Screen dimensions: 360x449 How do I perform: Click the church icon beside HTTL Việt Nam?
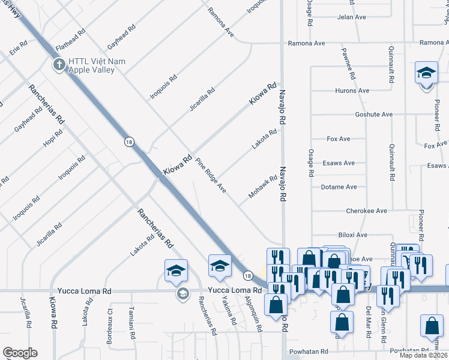coord(59,64)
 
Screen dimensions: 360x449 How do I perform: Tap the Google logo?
coord(20,353)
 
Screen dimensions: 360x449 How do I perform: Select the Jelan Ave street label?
coord(352,17)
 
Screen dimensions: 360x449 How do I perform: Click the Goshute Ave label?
coord(373,115)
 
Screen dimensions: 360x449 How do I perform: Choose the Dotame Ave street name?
coord(339,187)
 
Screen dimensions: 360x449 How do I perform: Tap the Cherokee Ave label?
coord(366,211)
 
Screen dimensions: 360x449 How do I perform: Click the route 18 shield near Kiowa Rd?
coord(129,142)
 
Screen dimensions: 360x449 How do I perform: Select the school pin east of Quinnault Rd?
coord(426,74)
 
